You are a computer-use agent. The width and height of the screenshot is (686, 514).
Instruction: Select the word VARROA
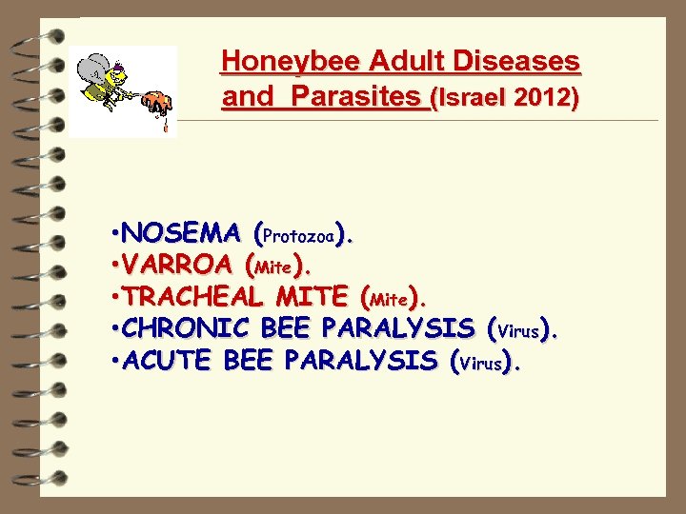tap(178, 266)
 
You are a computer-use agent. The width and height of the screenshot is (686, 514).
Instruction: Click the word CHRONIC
tap(186, 329)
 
